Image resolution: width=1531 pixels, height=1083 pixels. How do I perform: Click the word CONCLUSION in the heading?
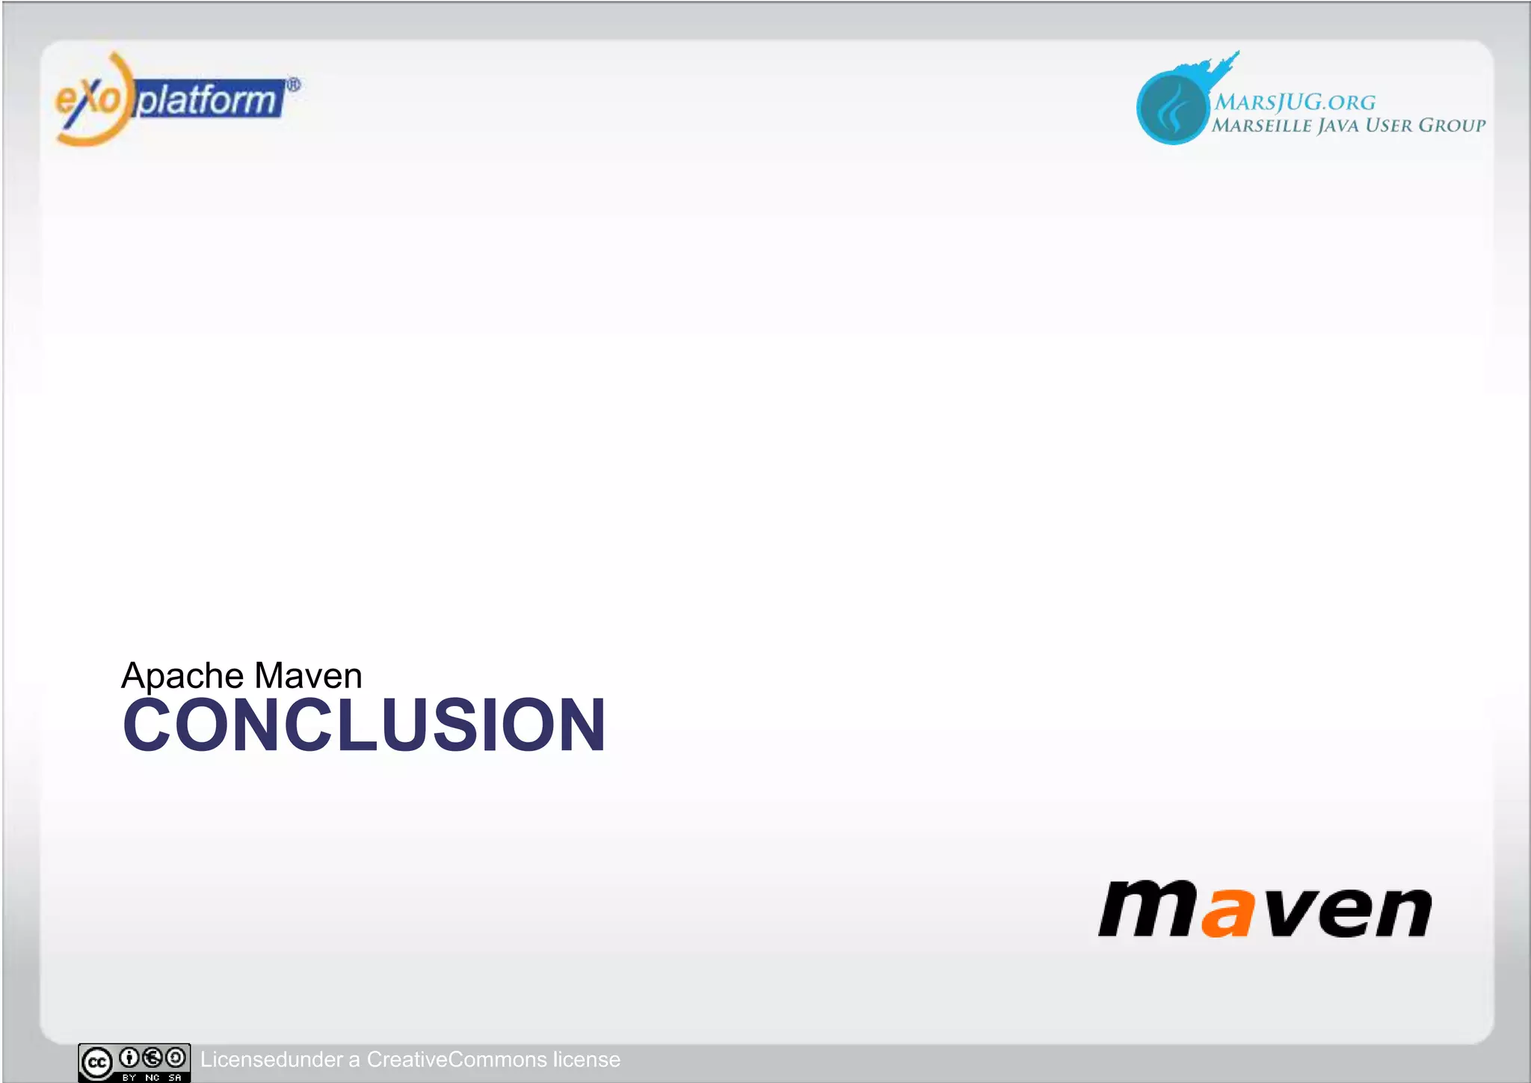click(364, 725)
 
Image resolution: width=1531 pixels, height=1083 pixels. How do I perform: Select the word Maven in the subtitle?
click(308, 675)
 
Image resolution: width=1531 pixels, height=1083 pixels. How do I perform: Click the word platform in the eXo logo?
click(207, 100)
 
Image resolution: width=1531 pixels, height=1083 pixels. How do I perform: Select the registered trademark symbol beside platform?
click(294, 85)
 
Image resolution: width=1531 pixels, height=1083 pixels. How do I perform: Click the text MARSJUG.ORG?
click(1295, 102)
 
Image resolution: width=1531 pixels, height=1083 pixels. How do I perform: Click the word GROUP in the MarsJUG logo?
click(1452, 125)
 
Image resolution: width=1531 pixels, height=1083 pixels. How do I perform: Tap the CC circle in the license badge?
click(97, 1062)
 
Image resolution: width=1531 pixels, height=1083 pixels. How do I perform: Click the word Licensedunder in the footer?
click(271, 1060)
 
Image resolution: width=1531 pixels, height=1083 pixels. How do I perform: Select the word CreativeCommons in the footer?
click(457, 1060)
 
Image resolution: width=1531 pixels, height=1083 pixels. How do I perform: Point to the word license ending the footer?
click(586, 1060)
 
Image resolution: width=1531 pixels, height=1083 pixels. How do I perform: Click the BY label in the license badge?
click(129, 1078)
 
